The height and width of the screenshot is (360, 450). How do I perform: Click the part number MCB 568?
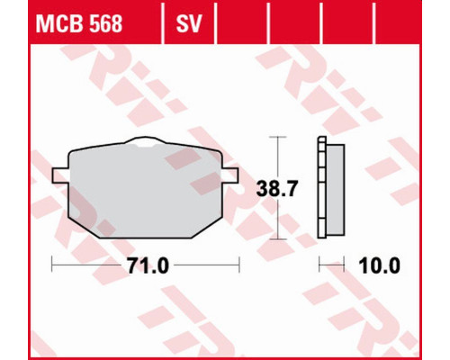coord(79,23)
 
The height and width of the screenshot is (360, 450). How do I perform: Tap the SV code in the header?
coord(189,23)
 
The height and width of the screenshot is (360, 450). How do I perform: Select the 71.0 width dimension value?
coord(148,265)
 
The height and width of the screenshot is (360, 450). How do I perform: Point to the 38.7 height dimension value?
coord(277,188)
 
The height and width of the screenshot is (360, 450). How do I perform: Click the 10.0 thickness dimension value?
coord(379,265)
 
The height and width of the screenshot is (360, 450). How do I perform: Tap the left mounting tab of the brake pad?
coord(60,175)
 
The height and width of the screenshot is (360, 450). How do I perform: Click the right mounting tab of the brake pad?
coord(230,175)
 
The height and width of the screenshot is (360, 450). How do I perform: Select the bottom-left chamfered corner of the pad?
coord(83,227)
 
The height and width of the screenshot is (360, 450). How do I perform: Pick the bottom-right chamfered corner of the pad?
coord(208,227)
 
